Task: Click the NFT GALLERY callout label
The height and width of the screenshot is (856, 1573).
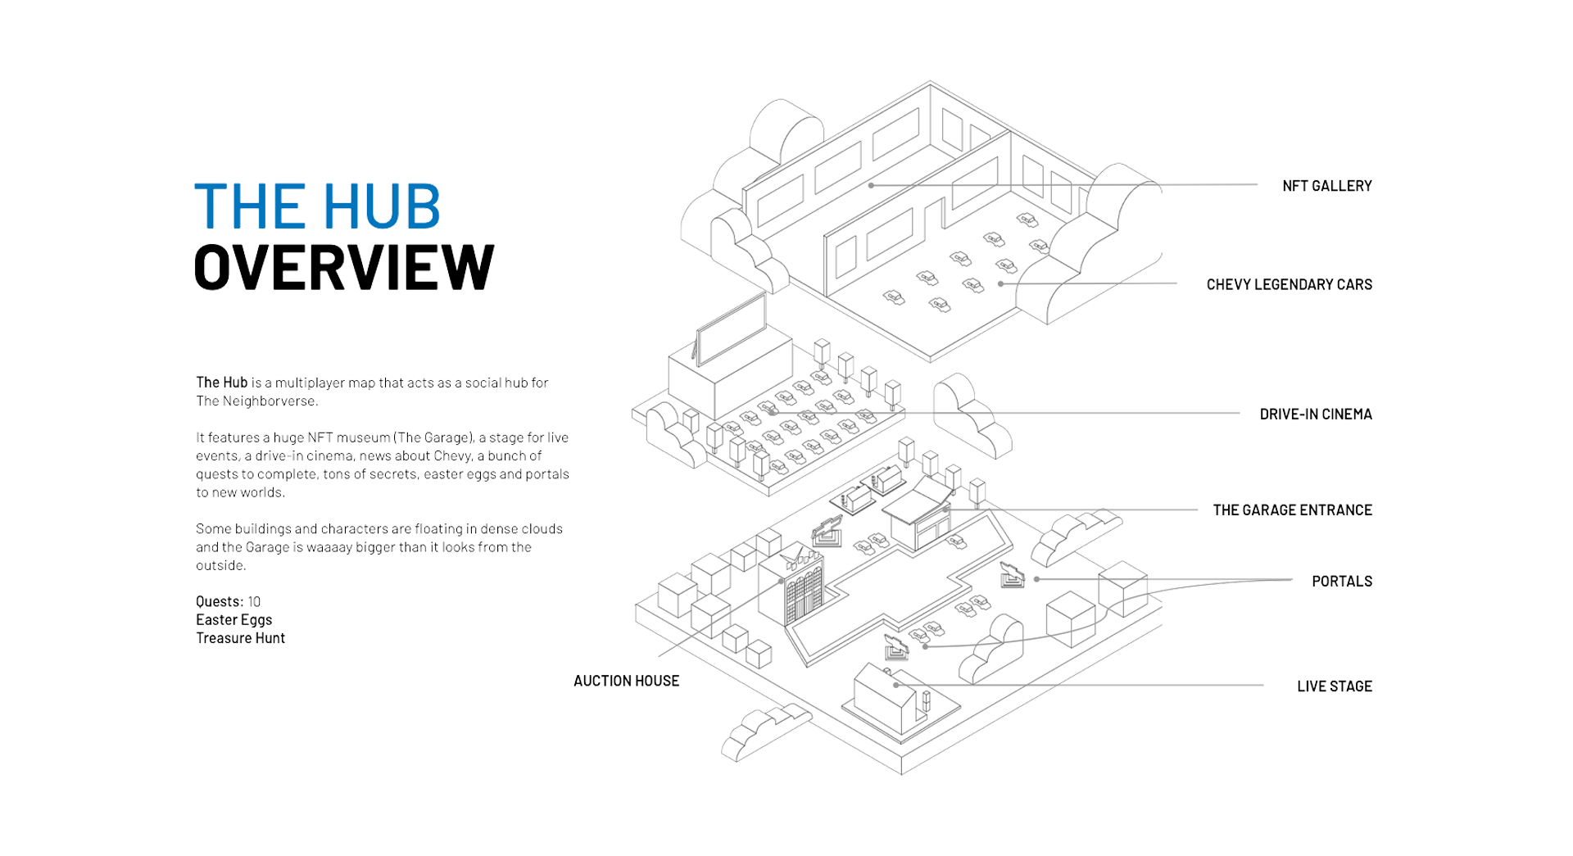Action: [x=1326, y=186]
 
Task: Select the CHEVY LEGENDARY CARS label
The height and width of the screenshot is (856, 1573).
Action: [x=1289, y=284]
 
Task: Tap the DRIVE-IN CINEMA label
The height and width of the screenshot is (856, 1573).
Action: [x=1315, y=414]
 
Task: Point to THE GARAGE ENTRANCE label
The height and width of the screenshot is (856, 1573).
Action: [x=1292, y=510]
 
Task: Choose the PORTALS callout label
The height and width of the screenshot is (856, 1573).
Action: [x=1341, y=581]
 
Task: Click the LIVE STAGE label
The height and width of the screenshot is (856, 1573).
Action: [x=1334, y=686]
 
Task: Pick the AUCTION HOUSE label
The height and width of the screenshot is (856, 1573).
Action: [x=626, y=681]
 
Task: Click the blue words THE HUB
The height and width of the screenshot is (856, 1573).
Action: [x=317, y=206]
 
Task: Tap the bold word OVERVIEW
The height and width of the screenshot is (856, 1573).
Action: [x=344, y=267]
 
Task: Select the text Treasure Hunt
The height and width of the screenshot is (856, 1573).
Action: [x=240, y=638]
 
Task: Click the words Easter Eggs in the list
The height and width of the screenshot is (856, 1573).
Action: [x=233, y=620]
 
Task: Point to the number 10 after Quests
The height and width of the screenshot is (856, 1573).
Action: [x=254, y=601]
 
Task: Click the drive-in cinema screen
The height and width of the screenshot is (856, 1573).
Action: [x=731, y=328]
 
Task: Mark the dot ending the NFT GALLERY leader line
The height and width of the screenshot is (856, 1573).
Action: [x=871, y=185]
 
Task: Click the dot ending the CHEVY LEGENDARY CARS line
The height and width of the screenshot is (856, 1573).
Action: [x=1000, y=284]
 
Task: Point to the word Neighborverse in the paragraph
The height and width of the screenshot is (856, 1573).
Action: [x=270, y=401]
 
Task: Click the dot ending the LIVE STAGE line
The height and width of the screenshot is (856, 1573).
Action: [x=896, y=685]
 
